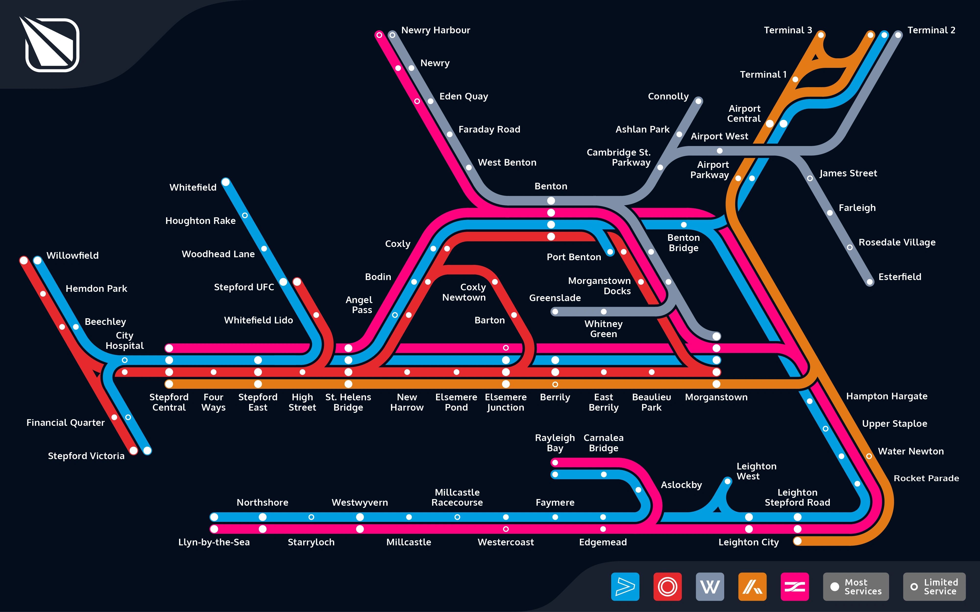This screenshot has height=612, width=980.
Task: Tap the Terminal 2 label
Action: click(931, 30)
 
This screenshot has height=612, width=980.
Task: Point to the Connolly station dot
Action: click(698, 101)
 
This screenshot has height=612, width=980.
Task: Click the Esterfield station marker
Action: click(870, 282)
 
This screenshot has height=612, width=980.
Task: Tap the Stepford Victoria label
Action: click(86, 456)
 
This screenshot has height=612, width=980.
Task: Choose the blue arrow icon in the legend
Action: click(625, 587)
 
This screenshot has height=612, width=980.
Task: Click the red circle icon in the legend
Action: click(667, 587)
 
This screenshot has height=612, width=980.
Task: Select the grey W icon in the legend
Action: click(710, 587)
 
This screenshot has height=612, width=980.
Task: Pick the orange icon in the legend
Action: click(752, 587)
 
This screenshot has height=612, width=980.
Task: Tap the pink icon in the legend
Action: click(795, 587)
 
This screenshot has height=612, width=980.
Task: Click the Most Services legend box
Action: click(856, 587)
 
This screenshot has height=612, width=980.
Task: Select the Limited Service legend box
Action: click(934, 587)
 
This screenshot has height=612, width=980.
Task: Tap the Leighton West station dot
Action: click(727, 481)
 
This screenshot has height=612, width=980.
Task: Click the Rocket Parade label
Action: click(926, 478)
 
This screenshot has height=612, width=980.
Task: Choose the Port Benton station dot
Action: click(610, 252)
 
